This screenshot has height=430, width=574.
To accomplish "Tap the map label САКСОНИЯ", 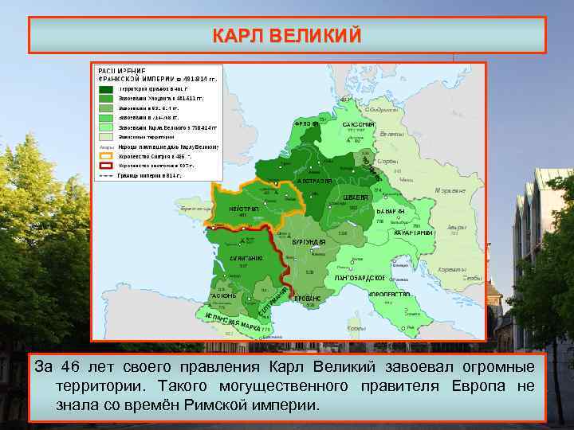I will [358, 126].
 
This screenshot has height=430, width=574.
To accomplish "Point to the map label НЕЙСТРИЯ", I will [244, 209].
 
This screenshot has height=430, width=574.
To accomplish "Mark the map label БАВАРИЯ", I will [391, 211].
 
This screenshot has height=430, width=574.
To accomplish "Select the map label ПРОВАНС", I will [307, 299].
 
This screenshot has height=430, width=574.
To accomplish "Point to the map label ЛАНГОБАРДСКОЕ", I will [360, 278].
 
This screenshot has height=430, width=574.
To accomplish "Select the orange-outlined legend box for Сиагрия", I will [106, 157].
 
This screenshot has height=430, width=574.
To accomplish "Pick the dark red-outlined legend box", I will [106, 166].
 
